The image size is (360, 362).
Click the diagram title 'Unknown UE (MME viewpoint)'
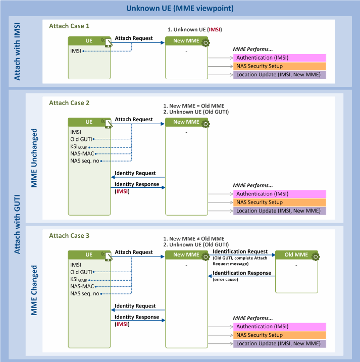180,8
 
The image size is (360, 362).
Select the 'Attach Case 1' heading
69,26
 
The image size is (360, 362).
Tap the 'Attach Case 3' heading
69,235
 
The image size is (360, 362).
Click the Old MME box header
296,254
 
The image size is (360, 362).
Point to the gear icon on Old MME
315,256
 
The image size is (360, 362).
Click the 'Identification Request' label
240,251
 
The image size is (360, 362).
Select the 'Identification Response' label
242,273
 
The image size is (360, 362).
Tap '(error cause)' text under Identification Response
225,279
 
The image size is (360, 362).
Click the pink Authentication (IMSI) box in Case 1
279,58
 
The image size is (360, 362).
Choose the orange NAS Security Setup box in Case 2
279,202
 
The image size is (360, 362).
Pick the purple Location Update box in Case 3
279,343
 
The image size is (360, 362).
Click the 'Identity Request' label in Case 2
135,173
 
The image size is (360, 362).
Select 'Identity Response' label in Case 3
137,317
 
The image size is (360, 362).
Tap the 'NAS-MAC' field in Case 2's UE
82,153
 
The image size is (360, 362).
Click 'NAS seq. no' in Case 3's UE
84,293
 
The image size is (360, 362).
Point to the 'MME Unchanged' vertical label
34,158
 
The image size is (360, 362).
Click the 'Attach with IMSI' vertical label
17,51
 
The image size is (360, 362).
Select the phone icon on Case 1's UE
108,42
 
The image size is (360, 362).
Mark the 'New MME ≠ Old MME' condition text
194,239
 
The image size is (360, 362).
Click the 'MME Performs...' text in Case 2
253,185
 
